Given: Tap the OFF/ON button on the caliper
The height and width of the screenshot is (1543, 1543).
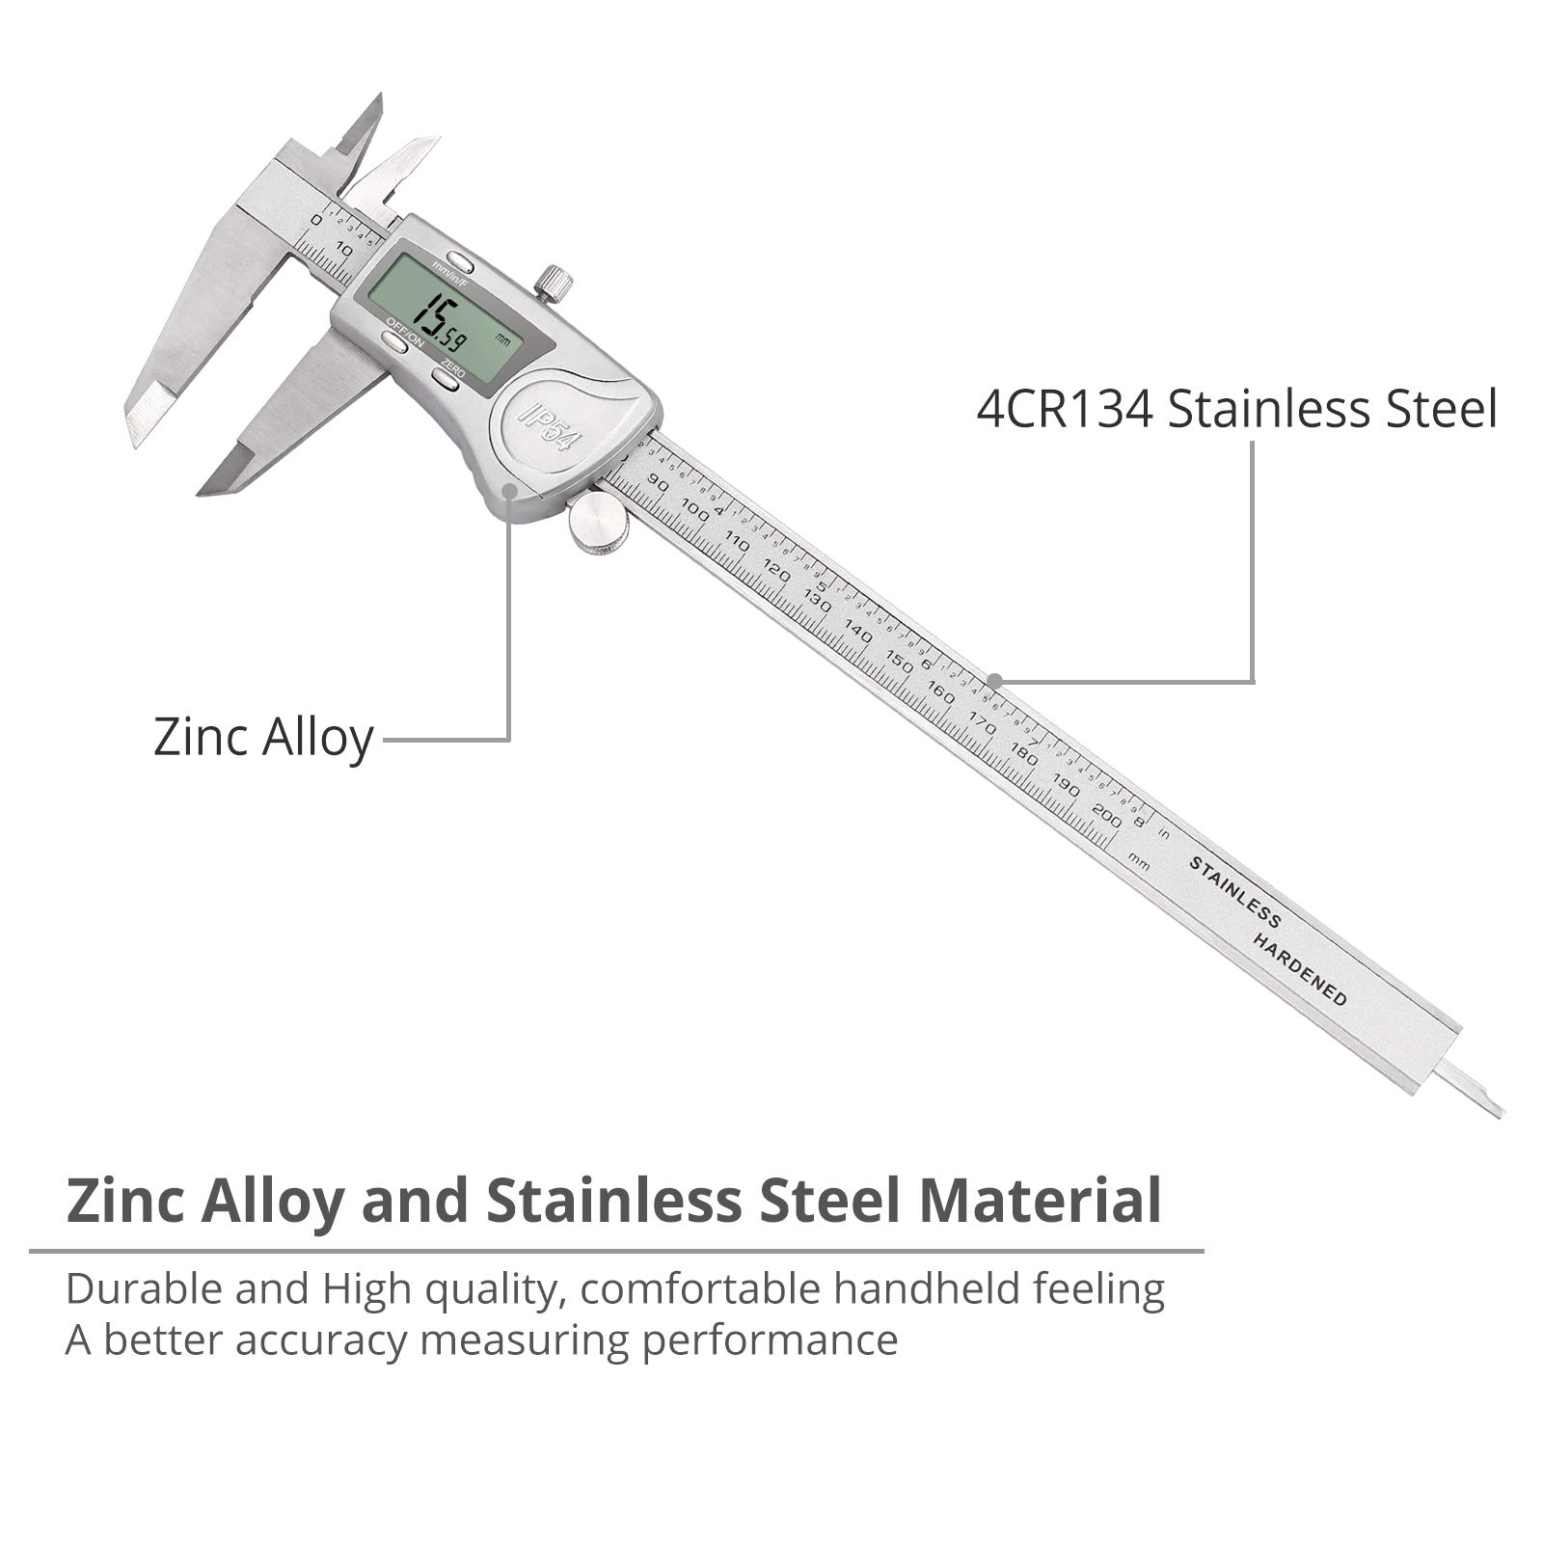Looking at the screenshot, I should click(x=393, y=340).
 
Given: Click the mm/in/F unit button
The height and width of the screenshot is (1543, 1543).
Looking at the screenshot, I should click(x=460, y=263).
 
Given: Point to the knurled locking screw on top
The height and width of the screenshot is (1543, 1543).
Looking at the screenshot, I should click(x=555, y=283).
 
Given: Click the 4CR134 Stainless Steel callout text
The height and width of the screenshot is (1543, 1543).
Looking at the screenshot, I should click(x=1236, y=409).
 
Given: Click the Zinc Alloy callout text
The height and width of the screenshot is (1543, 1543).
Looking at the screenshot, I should click(x=263, y=739).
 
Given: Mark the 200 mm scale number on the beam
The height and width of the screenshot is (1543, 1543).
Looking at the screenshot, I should click(x=1108, y=816).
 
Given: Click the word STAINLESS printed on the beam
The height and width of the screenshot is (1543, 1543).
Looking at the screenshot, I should click(x=1234, y=892).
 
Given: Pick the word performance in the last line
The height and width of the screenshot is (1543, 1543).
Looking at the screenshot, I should click(x=770, y=1340).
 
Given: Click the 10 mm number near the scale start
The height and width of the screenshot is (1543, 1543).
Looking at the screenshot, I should click(x=342, y=251).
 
